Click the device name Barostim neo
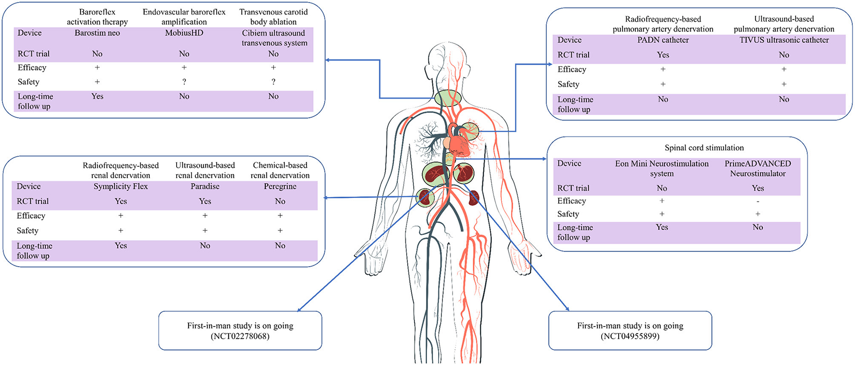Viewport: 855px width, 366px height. pos(97,33)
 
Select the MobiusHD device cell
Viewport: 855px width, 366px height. pos(184,33)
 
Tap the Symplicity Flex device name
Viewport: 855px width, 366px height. pos(121,187)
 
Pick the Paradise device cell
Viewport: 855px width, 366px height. pos(205,187)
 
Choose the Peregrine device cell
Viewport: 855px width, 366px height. pos(280,187)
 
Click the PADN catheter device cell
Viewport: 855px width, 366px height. pos(663,40)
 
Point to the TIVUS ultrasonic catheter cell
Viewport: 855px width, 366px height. pos(784,40)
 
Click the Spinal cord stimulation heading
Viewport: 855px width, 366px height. pos(704,148)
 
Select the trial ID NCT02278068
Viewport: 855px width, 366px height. pos(240,336)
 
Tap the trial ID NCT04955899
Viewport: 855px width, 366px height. pos(630,336)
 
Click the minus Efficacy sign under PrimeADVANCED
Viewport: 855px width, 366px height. pos(758,201)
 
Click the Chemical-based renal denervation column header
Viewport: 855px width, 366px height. pos(280,170)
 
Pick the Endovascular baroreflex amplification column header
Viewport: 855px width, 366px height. pos(184,17)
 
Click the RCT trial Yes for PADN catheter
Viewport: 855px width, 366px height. pos(663,55)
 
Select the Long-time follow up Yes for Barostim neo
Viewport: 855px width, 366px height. pos(97,96)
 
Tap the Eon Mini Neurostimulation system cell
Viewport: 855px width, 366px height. pos(662,169)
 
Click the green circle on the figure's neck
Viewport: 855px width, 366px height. pos(448,99)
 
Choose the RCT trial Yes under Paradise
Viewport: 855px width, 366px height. pos(205,202)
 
